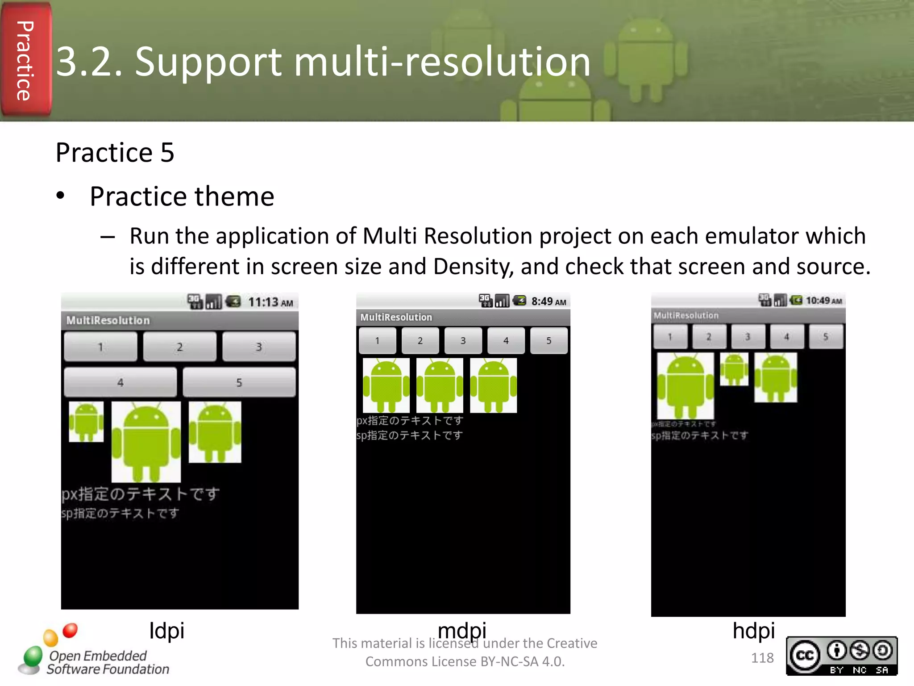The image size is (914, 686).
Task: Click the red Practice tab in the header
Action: pyautogui.click(x=25, y=60)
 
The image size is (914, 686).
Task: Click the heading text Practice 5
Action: pyautogui.click(x=115, y=153)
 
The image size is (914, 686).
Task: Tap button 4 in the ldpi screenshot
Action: pyautogui.click(x=120, y=382)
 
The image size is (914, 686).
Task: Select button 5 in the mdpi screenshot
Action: pyautogui.click(x=548, y=341)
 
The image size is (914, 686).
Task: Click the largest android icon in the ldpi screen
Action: pyautogui.click(x=146, y=441)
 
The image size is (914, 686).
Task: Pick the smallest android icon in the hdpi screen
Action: pyautogui.click(x=734, y=369)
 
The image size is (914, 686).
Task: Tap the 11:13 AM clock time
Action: pyautogui.click(x=270, y=302)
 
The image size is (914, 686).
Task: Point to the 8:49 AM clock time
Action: pyautogui.click(x=548, y=301)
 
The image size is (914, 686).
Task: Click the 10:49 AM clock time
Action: pyautogui.click(x=823, y=301)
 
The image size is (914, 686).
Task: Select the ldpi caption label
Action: pyautogui.click(x=166, y=631)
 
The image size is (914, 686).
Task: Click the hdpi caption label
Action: pyautogui.click(x=753, y=631)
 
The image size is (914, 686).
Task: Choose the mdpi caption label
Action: pyautogui.click(x=461, y=631)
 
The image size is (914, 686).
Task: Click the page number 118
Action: pyautogui.click(x=762, y=658)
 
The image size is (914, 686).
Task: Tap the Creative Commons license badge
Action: pyautogui.click(x=841, y=656)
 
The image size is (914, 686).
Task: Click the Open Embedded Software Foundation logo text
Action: pyautogui.click(x=107, y=662)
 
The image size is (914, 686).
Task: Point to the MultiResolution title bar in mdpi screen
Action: pyautogui.click(x=463, y=317)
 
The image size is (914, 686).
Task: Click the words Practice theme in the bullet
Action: pyautogui.click(x=182, y=197)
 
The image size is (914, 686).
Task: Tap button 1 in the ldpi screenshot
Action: pyautogui.click(x=100, y=347)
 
